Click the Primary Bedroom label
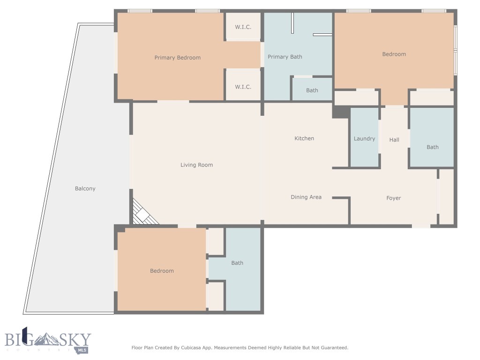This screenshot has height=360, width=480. click(177, 58)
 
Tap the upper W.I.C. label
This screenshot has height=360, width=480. click(243, 27)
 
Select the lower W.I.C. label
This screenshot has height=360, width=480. click(243, 87)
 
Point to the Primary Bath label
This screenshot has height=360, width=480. click(285, 57)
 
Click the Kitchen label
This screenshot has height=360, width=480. click(304, 138)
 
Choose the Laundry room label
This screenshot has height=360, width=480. click(364, 139)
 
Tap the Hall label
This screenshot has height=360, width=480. click(394, 140)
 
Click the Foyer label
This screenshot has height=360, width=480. click(393, 198)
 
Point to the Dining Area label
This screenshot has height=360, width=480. click(306, 197)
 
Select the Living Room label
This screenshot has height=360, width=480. click(196, 165)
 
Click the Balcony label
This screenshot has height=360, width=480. click(85, 189)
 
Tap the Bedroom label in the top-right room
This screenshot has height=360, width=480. click(394, 54)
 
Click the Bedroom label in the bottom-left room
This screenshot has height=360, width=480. click(162, 271)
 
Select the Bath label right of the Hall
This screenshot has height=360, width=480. click(432, 147)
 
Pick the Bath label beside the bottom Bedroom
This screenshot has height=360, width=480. click(237, 263)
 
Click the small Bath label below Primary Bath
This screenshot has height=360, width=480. click(312, 90)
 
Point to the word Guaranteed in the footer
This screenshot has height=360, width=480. click(332, 348)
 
